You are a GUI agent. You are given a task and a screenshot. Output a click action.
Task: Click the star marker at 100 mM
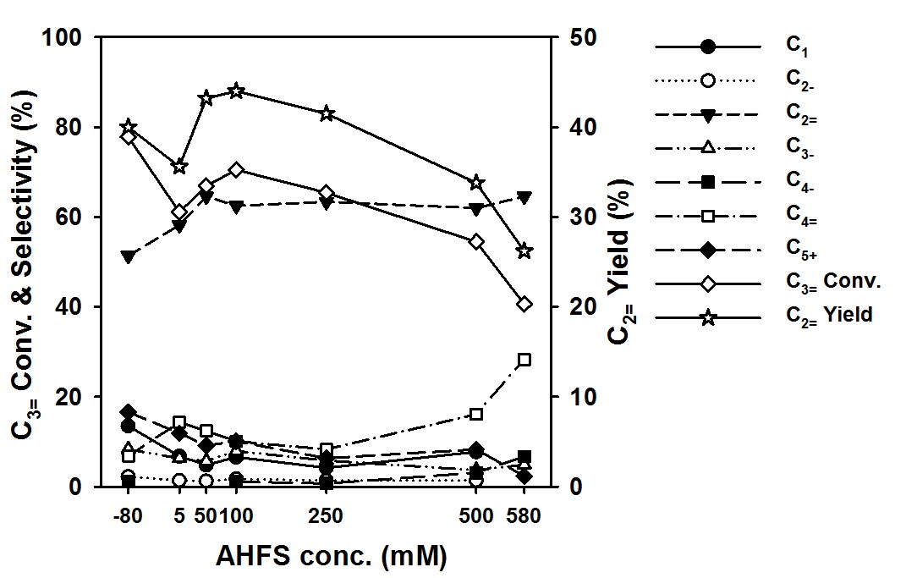coord(236,91)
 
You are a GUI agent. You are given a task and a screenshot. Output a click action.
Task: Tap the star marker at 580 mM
coord(524,251)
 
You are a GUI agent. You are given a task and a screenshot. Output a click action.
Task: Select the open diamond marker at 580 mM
coord(524,305)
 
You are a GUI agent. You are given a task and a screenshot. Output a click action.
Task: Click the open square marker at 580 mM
coord(524,360)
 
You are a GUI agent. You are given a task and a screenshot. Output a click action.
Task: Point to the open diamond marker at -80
coord(129,137)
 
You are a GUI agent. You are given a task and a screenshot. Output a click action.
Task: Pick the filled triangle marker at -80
coord(129,256)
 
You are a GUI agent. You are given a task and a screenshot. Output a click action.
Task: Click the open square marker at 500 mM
coord(476,414)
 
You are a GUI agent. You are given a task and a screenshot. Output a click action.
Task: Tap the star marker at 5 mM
coord(179,167)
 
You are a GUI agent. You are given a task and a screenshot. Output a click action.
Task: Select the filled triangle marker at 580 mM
coord(524,197)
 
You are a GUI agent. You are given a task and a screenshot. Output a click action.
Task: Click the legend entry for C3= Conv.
coord(834,282)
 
